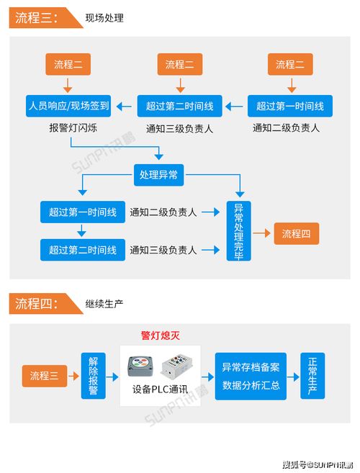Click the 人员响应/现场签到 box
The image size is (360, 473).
tap(68, 106)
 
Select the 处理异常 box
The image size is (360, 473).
tap(158, 175)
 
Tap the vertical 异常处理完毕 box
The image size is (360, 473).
tap(239, 231)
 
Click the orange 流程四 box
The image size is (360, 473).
tap(297, 234)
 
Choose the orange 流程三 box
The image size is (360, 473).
tap(45, 376)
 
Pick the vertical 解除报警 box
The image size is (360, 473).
tap(94, 376)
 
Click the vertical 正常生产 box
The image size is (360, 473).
tap(312, 376)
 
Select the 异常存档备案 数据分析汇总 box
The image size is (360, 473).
tap(251, 376)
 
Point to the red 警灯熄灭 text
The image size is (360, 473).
tap(161, 335)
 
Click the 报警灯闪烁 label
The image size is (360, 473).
tap(73, 128)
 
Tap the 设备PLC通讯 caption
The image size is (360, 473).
tap(161, 389)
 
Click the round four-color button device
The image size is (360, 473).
tap(140, 366)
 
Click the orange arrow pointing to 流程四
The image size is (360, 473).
tap(261, 233)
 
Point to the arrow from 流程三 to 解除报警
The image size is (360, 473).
tap(73, 376)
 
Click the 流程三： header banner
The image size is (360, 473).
tap(46, 18)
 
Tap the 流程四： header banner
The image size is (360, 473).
tap(46, 304)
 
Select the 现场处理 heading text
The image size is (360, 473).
tap(104, 18)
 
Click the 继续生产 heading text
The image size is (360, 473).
tap(104, 304)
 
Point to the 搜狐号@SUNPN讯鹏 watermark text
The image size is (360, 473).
tap(318, 465)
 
